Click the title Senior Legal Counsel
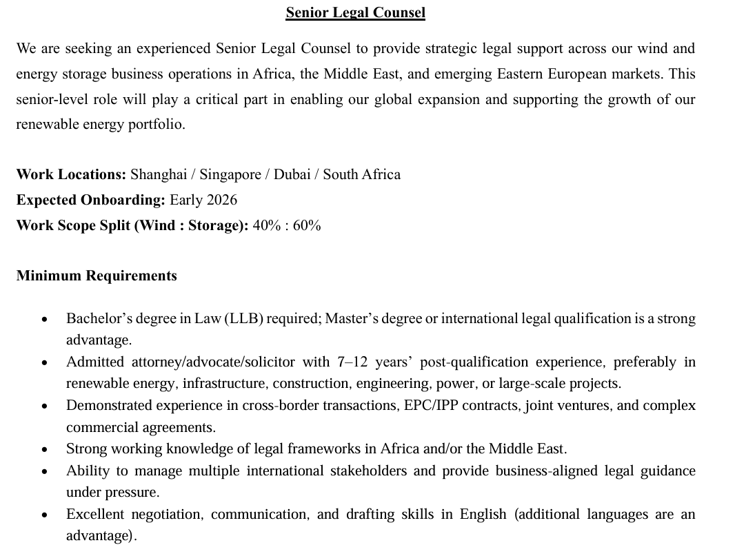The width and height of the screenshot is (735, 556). (x=355, y=12)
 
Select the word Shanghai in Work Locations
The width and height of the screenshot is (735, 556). (x=159, y=174)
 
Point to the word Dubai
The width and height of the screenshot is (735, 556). (x=292, y=174)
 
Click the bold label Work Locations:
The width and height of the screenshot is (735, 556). (x=71, y=174)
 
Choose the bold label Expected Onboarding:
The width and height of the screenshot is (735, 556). (x=90, y=200)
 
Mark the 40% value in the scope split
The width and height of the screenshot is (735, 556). (x=267, y=225)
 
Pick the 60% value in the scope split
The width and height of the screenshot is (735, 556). (x=307, y=225)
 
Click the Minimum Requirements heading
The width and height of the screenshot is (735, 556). (x=97, y=276)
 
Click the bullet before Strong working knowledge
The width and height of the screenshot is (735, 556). (x=45, y=450)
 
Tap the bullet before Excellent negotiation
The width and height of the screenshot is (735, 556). (x=45, y=515)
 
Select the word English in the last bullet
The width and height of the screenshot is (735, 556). (x=483, y=514)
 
